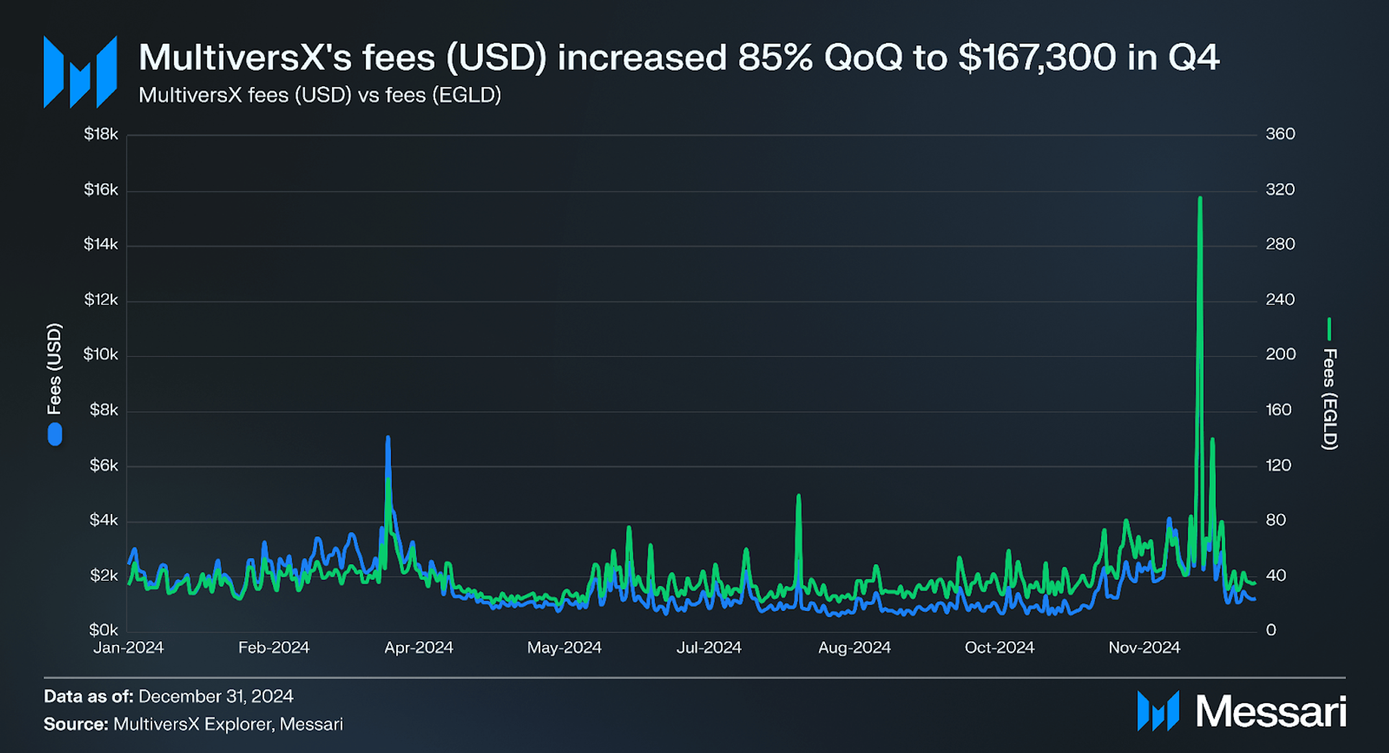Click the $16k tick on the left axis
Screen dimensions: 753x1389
[101, 189]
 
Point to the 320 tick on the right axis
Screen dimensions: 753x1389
[1279, 189]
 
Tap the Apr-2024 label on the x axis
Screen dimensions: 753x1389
[418, 647]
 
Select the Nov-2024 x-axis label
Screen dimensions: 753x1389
[1144, 647]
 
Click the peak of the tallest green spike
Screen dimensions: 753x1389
[1200, 198]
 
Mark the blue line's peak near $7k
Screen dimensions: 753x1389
[388, 438]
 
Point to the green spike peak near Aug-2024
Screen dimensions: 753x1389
[798, 496]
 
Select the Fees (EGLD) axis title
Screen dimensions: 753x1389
[1329, 399]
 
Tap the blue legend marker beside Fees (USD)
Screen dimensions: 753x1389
[55, 434]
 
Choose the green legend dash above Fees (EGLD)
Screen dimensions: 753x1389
[1329, 329]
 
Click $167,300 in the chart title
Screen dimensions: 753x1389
[1038, 57]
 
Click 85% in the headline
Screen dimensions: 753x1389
[775, 57]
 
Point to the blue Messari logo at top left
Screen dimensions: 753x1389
[80, 72]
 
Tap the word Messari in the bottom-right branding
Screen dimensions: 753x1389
[1270, 712]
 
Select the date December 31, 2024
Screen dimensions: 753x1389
[215, 696]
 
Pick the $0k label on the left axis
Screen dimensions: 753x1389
[104, 629]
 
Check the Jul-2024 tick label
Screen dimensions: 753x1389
[708, 647]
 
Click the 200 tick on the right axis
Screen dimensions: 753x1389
[1279, 354]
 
